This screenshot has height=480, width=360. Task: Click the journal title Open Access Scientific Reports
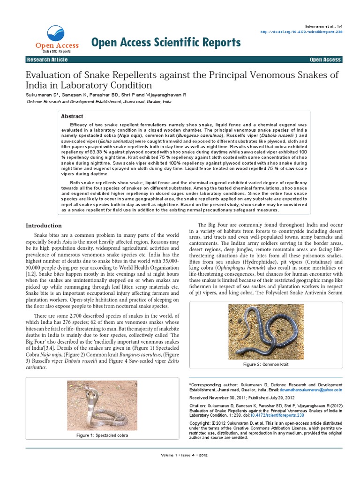tap(166, 43)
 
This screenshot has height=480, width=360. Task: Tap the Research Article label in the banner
tap(47, 60)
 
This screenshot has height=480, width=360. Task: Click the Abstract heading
tap(72, 116)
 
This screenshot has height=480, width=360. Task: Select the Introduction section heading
tap(43, 225)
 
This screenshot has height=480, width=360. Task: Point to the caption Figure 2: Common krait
tap(265, 364)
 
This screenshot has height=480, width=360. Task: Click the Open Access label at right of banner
tap(325, 60)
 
